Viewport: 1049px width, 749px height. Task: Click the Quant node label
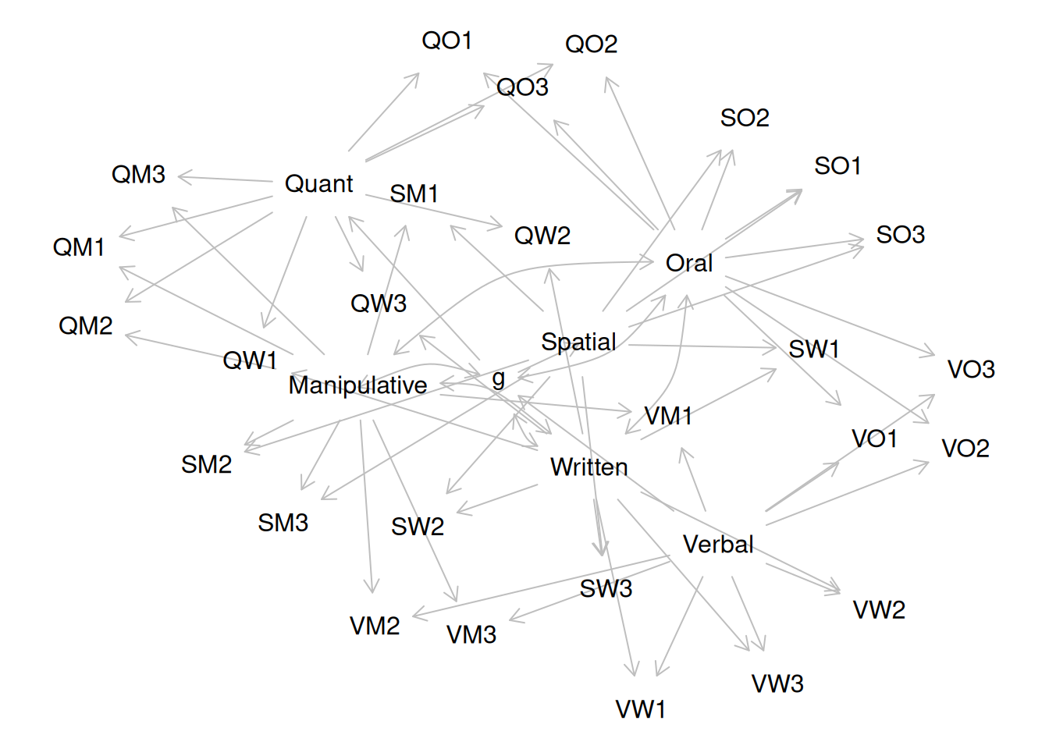coord(318,184)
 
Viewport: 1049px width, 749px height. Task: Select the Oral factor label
coord(689,264)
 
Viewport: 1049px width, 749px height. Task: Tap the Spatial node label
coord(578,342)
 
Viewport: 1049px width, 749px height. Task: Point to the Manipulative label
coord(358,385)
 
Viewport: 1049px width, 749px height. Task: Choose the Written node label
coord(589,467)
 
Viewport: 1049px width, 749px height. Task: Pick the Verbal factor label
coord(718,545)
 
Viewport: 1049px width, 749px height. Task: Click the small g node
coord(499,379)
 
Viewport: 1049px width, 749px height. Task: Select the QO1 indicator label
coord(447,41)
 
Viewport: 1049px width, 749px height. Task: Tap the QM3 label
coord(138,175)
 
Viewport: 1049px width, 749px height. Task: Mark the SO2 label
coord(745,119)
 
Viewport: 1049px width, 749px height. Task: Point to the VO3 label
coord(971,370)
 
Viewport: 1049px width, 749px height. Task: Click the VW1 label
coord(641,710)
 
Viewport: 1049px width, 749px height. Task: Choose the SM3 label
coord(283,523)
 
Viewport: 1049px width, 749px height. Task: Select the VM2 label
coord(375,627)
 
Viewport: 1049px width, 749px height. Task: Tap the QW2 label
coord(542,236)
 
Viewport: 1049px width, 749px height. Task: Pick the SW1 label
coord(814,350)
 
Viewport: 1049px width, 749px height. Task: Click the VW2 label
coord(879,610)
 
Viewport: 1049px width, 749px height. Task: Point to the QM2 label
coord(86,326)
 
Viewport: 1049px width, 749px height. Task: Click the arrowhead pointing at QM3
coord(182,178)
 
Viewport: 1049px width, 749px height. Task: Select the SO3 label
coord(901,235)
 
